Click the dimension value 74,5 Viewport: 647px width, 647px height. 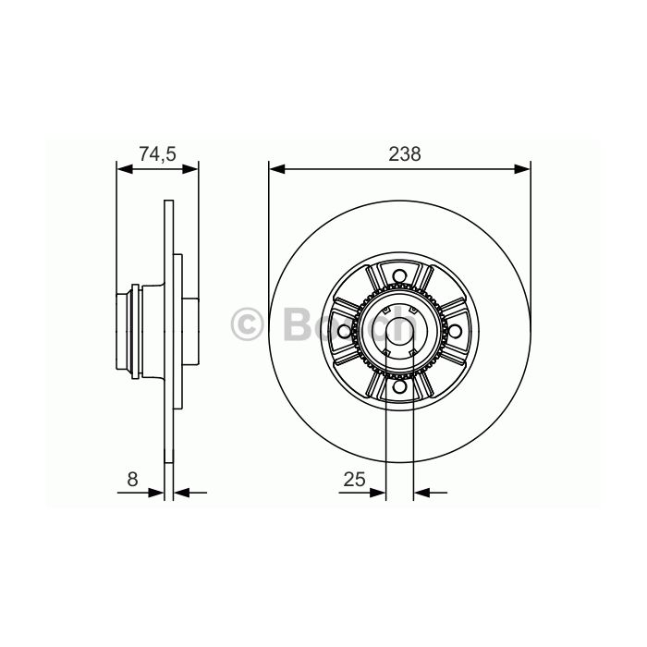pyautogui.click(x=157, y=154)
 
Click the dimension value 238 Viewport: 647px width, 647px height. pyautogui.click(x=405, y=154)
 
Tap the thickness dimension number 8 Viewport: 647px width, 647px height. pyautogui.click(x=132, y=480)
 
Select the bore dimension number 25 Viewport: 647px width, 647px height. pyautogui.click(x=354, y=480)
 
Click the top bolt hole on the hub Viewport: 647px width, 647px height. pyautogui.click(x=399, y=275)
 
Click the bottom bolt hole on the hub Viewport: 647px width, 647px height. pyautogui.click(x=399, y=386)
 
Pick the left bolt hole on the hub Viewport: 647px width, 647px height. pyautogui.click(x=344, y=331)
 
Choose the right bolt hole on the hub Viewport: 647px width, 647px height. pyautogui.click(x=455, y=331)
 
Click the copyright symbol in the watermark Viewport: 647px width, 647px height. pyautogui.click(x=247, y=324)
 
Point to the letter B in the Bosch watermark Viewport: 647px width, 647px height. pyautogui.click(x=297, y=324)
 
